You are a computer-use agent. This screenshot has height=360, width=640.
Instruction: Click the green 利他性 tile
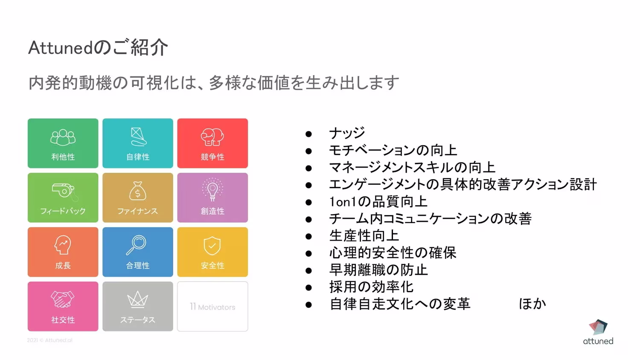coord(63,143)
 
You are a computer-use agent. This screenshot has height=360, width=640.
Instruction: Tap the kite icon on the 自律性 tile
coord(138,137)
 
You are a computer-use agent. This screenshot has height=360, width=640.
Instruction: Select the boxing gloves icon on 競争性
coord(212,137)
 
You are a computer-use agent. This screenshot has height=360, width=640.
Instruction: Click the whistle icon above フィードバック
coord(64,191)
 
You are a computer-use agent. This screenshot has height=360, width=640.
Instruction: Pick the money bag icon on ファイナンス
coord(138,191)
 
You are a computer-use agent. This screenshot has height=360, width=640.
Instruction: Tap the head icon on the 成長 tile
coord(63,245)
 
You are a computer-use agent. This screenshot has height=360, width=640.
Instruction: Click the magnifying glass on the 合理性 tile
coord(137,245)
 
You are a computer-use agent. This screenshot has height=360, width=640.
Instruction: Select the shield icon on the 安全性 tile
coord(212,246)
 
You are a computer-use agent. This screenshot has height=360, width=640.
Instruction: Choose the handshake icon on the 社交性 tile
coord(63,299)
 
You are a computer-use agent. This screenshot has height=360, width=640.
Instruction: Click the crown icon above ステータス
coord(138,300)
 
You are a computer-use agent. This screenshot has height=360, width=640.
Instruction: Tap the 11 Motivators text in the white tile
coord(212,307)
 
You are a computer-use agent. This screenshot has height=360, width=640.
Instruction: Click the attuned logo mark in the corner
coord(598,327)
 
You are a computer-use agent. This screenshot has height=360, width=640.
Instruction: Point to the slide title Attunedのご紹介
coord(98,47)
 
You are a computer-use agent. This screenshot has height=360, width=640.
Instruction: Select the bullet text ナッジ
coord(347,133)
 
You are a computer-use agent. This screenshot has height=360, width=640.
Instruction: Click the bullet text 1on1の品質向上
coord(378,201)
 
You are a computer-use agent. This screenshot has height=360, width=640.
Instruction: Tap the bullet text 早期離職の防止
coord(378,270)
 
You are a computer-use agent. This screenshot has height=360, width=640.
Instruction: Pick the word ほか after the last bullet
coord(532,304)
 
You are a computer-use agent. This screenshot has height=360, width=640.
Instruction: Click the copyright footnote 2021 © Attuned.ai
coord(49,340)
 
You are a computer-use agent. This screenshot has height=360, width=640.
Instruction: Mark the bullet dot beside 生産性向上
coord(308,236)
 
